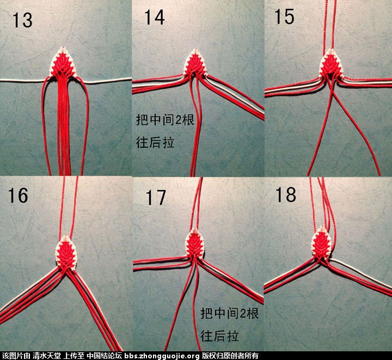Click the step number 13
click(x=22, y=20)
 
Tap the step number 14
click(x=155, y=17)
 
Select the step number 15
click(x=284, y=16)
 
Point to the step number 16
click(x=18, y=196)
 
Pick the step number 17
click(x=156, y=198)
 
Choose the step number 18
click(x=286, y=195)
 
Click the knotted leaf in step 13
click(x=63, y=62)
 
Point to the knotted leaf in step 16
click(x=66, y=253)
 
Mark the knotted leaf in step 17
click(x=195, y=243)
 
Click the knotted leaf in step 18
click(x=322, y=242)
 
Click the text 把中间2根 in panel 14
click(x=165, y=120)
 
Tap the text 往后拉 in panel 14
click(x=155, y=143)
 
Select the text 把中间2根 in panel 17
click(x=230, y=313)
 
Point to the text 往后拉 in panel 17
click(x=219, y=336)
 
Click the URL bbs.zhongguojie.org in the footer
click(x=162, y=356)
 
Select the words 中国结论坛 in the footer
click(x=104, y=356)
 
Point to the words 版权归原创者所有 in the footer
click(x=230, y=356)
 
